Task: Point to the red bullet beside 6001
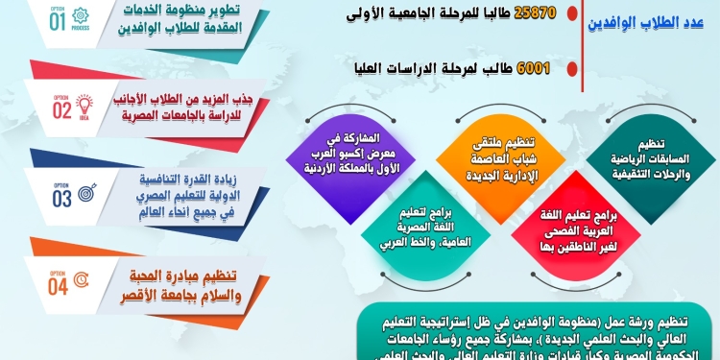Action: (572, 69)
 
